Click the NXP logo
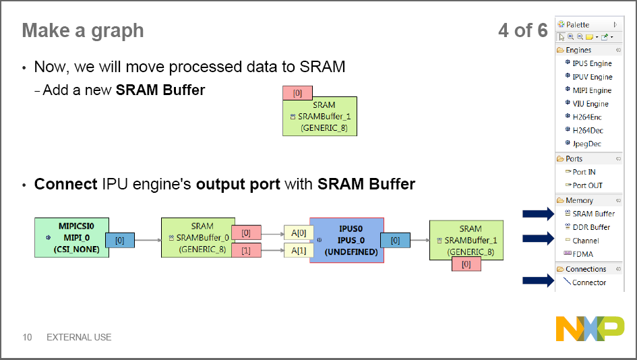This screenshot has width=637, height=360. pyautogui.click(x=590, y=328)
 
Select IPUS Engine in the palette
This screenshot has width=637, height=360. pyautogui.click(x=591, y=63)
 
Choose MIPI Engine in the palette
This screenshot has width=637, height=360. pyautogui.click(x=591, y=90)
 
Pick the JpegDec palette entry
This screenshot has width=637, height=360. pyautogui.click(x=586, y=144)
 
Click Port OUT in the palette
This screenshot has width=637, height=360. pyautogui.click(x=587, y=185)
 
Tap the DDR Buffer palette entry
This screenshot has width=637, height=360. pyautogui.click(x=590, y=227)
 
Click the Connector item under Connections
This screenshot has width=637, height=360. pyautogui.click(x=588, y=282)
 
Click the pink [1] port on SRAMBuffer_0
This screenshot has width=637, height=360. pyautogui.click(x=245, y=251)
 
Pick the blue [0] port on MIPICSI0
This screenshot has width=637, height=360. pyautogui.click(x=120, y=240)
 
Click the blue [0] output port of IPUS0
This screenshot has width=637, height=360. pyautogui.click(x=395, y=240)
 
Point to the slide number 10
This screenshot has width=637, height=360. pyautogui.click(x=28, y=337)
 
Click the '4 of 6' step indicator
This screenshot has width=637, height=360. pyautogui.click(x=522, y=30)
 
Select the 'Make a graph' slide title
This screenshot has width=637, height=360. pyautogui.click(x=82, y=30)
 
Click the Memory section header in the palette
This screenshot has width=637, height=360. pyautogui.click(x=579, y=200)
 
